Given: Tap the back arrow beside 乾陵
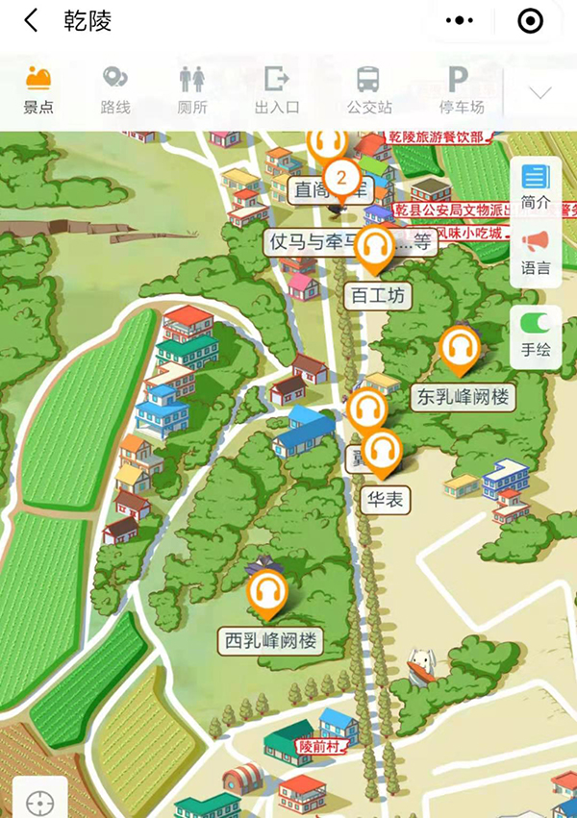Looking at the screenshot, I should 31,20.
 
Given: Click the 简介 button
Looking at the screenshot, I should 535,187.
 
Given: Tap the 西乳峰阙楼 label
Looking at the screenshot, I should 270,640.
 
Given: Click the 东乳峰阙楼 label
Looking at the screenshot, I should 463,396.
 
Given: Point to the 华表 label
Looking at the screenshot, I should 386,500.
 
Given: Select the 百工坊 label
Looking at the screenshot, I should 378,295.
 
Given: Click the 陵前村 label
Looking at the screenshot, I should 318,746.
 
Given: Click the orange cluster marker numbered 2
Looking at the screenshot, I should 340,177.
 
